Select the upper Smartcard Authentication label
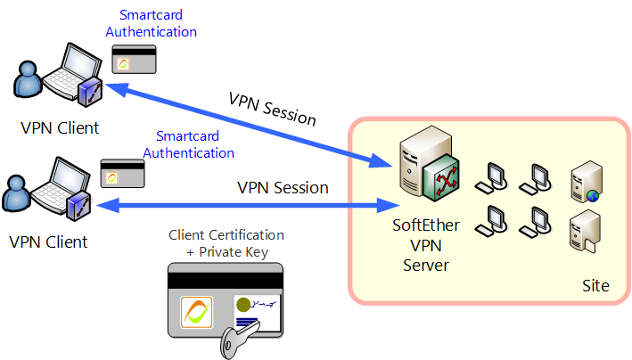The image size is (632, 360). pos(151,24)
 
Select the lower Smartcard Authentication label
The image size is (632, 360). pos(189,144)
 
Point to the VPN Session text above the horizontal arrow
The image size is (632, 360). pos(283,188)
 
